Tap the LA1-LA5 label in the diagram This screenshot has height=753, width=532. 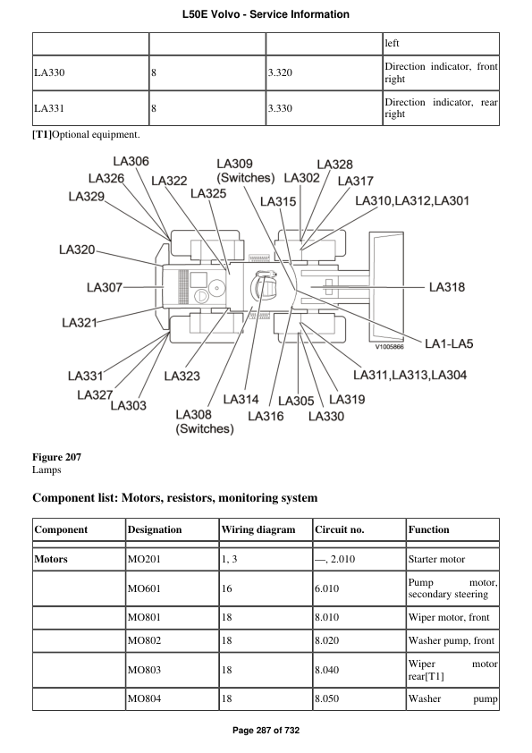(x=461, y=343)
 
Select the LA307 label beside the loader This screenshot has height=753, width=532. (x=105, y=287)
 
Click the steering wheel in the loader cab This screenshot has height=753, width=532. (x=264, y=287)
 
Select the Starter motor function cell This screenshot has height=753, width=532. (x=438, y=560)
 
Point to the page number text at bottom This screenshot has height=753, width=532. (x=266, y=731)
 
